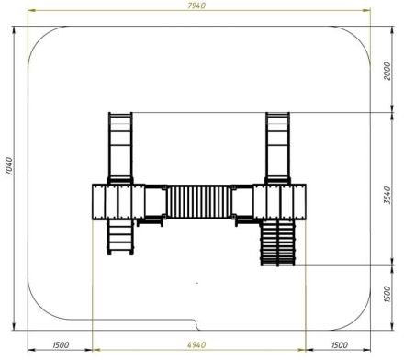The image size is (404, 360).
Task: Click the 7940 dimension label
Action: point(196,6)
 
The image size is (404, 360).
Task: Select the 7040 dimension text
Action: point(9,166)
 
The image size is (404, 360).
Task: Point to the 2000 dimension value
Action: point(387,71)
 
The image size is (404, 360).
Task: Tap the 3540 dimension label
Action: point(387,195)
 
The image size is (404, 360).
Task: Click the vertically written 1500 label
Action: point(387,294)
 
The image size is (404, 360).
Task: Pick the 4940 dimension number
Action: point(196,345)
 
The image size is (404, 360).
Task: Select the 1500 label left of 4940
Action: point(61,345)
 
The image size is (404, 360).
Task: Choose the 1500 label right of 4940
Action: point(340,345)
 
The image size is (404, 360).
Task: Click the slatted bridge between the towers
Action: point(199,202)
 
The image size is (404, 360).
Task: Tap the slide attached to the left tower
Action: point(120,148)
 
